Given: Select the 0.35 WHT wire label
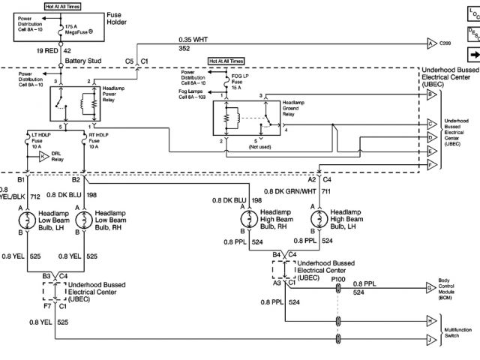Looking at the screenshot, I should pos(193,38).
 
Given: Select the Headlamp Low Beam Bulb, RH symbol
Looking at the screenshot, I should pos(82,220).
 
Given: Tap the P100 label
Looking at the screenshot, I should pos(338,279).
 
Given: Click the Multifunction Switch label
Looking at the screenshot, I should pos(454,333).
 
